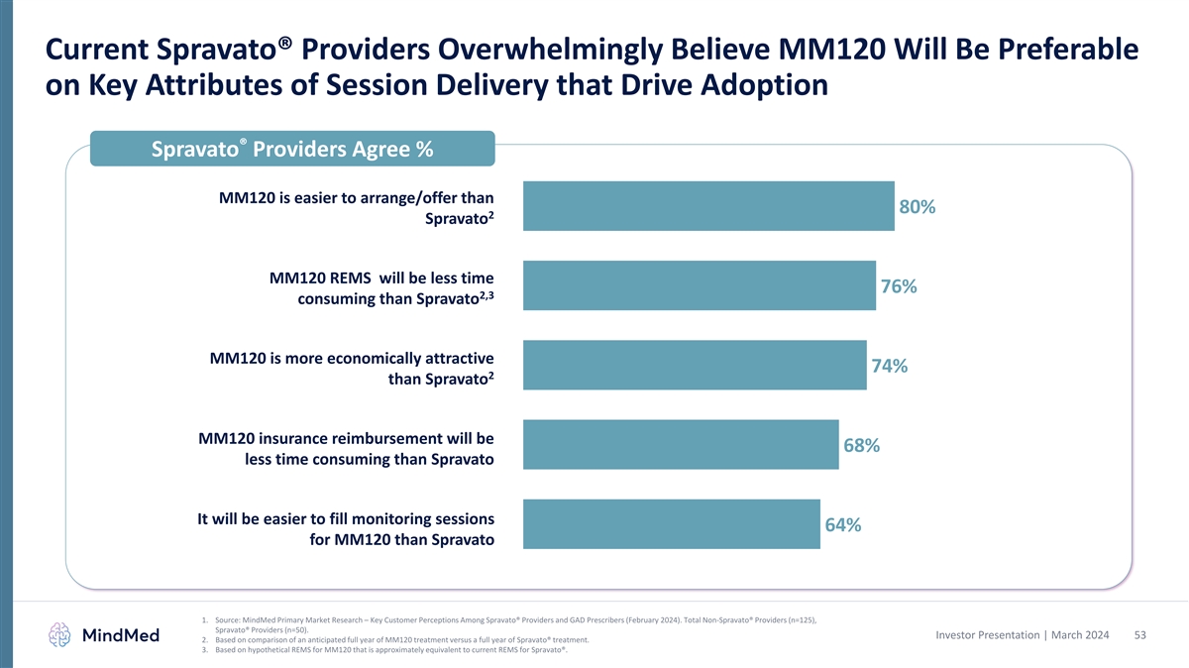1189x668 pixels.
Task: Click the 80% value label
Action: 917,207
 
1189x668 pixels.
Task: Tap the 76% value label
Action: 898,286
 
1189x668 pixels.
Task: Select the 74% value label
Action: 889,366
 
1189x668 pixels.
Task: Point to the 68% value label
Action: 861,446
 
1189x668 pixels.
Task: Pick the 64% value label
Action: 842,525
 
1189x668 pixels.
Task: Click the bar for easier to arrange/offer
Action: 708,206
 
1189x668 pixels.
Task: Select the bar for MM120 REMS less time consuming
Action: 699,285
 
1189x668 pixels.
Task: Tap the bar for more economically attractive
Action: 694,365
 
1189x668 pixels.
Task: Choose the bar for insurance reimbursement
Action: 680,445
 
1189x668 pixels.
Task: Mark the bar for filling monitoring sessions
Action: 671,524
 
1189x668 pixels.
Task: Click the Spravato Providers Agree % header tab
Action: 292,150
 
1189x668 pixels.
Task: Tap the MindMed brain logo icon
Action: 61,635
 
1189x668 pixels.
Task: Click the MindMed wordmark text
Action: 121,635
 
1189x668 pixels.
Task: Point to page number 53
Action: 1139,634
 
